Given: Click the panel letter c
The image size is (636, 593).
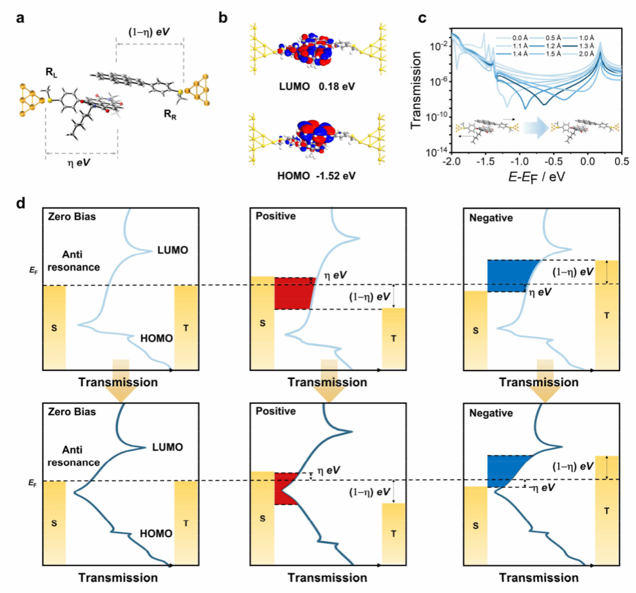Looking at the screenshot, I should [422, 17].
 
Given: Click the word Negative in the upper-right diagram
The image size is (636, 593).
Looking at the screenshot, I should [491, 219].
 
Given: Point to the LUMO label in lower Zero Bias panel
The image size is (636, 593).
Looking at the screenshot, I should [169, 447].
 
